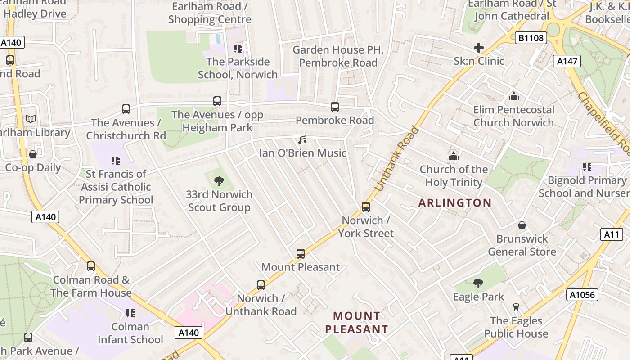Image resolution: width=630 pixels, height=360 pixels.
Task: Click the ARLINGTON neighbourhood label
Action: point(455,203)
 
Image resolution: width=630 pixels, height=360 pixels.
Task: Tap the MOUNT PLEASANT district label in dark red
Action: point(356,323)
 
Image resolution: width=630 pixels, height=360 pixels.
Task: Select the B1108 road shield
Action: point(531,38)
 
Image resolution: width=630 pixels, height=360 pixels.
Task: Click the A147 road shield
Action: point(567,61)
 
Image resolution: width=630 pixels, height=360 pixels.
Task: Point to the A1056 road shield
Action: point(583,295)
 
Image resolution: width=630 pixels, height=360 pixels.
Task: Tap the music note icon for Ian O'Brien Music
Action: point(302,140)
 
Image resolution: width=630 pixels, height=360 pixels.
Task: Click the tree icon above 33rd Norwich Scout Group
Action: point(219,181)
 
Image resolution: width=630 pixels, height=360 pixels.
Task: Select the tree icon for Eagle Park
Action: point(478,283)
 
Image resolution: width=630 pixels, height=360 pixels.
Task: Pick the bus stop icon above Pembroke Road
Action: point(335,107)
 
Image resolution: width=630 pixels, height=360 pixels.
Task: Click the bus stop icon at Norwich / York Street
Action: point(366,207)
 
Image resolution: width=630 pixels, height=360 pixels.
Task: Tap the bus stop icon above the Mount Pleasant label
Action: point(301,254)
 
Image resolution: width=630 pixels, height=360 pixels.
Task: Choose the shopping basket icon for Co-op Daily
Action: point(33,154)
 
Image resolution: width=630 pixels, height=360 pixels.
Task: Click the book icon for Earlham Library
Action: point(30,119)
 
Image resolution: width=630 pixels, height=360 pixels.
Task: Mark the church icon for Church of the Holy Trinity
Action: point(453,156)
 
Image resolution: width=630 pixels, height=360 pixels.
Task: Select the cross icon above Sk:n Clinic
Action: point(479,48)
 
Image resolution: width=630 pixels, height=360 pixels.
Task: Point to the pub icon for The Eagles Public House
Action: point(516,307)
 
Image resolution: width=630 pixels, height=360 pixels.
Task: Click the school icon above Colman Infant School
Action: point(130,313)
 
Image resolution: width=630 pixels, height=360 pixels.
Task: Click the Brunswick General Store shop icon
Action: point(522,225)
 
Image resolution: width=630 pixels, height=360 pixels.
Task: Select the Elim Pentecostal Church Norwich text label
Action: point(513,116)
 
